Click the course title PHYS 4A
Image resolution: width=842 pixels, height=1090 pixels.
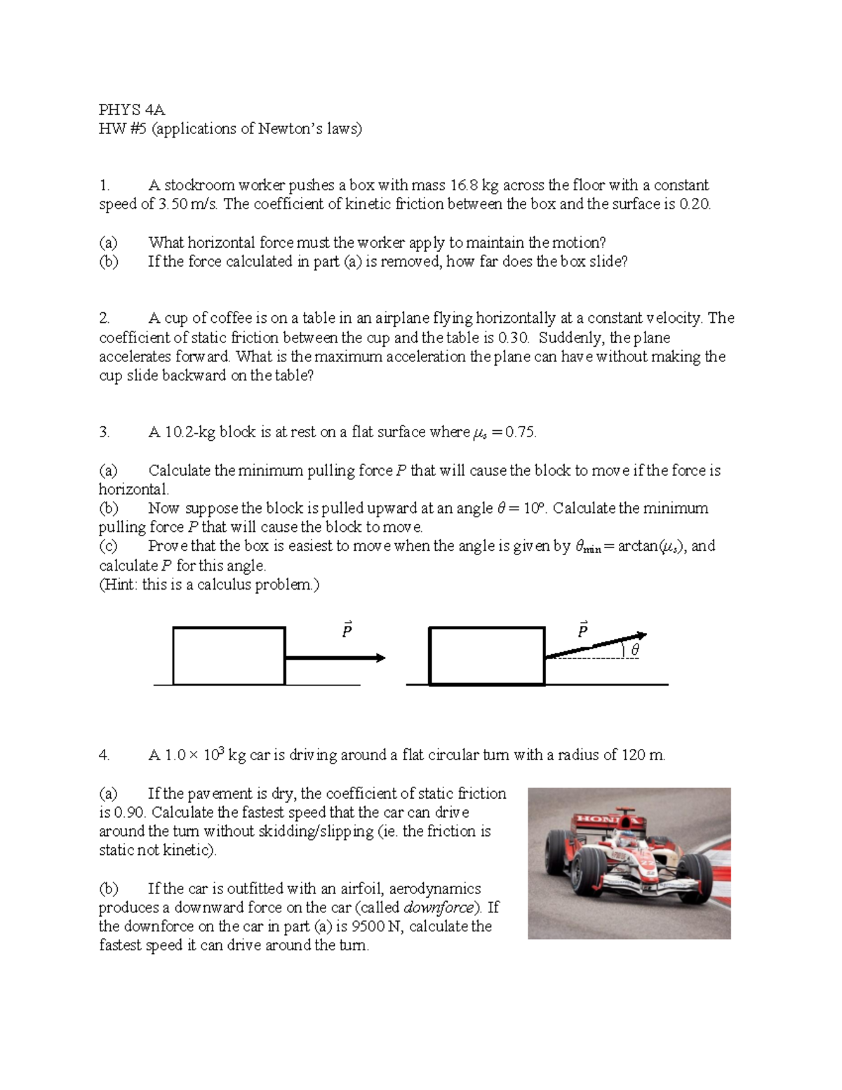(132, 109)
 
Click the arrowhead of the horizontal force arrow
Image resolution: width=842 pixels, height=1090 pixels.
(380, 658)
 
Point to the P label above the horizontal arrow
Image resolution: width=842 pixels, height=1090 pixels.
(347, 630)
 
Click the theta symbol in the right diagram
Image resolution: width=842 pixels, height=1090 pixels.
(635, 651)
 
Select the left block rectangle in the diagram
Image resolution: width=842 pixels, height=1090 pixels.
(229, 656)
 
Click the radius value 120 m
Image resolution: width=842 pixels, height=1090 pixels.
(643, 755)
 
